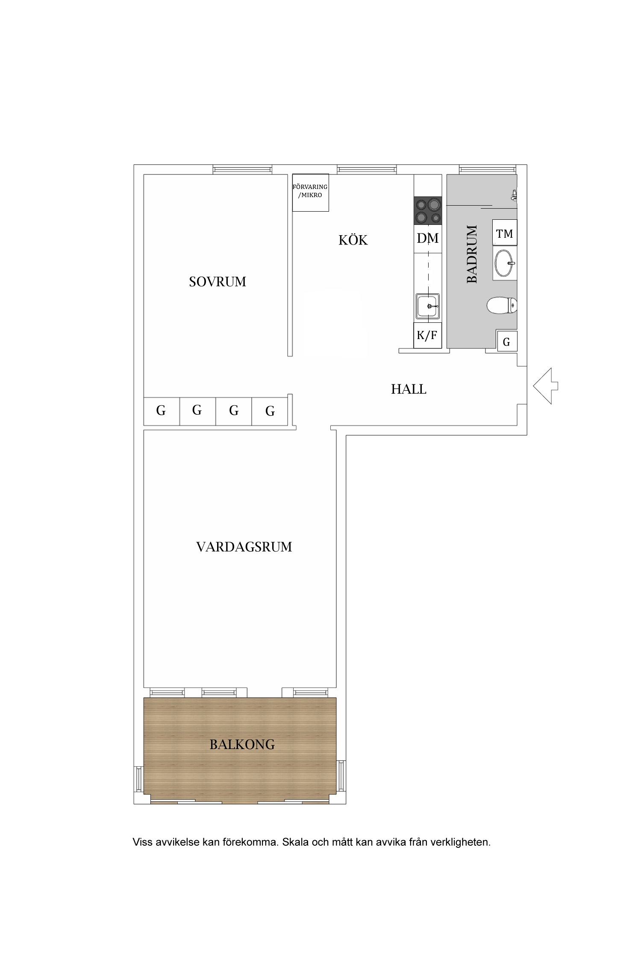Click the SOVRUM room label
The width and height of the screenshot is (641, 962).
[218, 282]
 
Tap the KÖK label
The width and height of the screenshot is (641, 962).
[353, 240]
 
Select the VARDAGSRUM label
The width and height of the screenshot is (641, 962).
[244, 547]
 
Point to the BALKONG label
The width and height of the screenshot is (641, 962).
[242, 744]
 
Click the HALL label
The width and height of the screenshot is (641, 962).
[409, 389]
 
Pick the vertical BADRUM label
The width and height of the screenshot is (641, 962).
[472, 254]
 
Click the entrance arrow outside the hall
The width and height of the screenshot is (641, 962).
[545, 386]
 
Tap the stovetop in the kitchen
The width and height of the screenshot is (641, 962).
[428, 211]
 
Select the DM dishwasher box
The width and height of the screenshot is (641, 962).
[428, 238]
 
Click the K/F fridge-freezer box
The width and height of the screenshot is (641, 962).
[427, 336]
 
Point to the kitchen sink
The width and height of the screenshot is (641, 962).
[428, 306]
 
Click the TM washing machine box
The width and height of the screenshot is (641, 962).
[505, 233]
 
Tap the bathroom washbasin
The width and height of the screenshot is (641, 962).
[504, 263]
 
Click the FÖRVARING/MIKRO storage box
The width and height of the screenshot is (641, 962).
[310, 192]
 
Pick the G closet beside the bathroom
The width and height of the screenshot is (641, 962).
[506, 342]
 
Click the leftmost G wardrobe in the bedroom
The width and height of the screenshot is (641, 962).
[161, 411]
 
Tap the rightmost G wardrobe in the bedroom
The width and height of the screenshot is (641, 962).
[270, 411]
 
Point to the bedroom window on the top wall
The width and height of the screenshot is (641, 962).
[242, 170]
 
